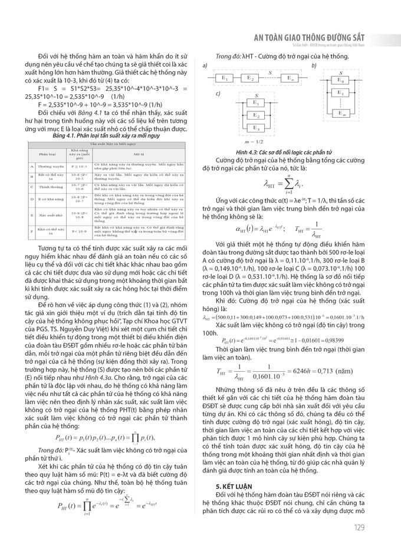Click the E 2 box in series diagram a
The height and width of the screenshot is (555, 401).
[250, 78]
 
